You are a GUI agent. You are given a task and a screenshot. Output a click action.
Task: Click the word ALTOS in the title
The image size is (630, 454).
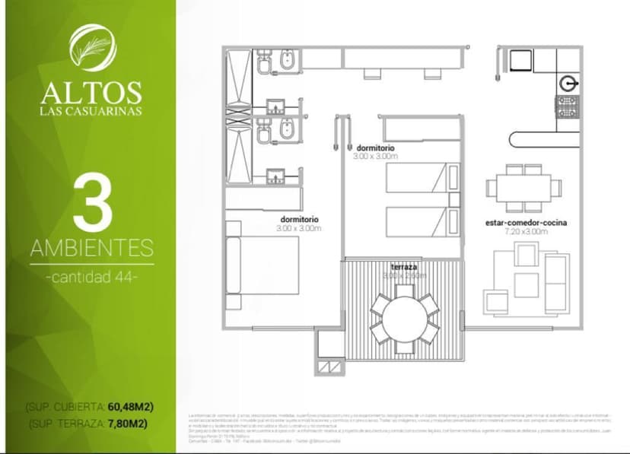[x=91, y=92]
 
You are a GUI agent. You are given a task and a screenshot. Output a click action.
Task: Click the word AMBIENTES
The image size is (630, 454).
[x=91, y=248]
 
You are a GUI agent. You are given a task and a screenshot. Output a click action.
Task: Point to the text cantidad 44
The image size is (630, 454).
[x=91, y=277]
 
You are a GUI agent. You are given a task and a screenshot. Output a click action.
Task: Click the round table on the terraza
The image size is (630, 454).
[x=404, y=319]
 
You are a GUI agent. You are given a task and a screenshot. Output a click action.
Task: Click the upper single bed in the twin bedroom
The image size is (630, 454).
[x=418, y=178]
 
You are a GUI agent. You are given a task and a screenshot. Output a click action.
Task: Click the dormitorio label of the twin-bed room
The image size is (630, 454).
[x=374, y=148]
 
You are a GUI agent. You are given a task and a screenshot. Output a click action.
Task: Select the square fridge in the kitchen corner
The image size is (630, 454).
[x=522, y=60]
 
